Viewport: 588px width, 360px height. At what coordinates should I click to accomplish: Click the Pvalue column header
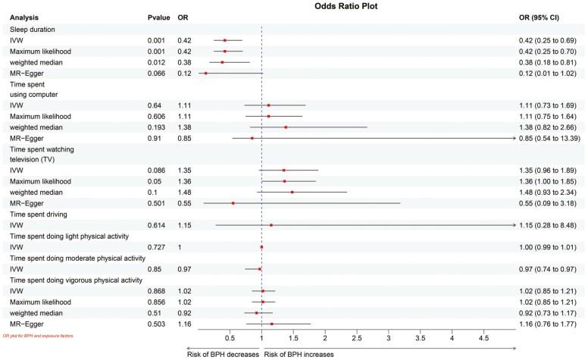(158, 16)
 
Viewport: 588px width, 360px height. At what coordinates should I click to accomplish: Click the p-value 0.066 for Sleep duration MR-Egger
(157, 73)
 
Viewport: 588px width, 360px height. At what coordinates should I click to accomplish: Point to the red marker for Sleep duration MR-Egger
(205, 73)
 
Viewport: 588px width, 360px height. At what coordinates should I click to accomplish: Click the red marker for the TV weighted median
(292, 193)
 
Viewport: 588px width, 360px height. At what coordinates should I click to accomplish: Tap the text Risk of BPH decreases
(224, 353)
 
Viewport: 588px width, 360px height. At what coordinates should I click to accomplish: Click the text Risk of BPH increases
(299, 353)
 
